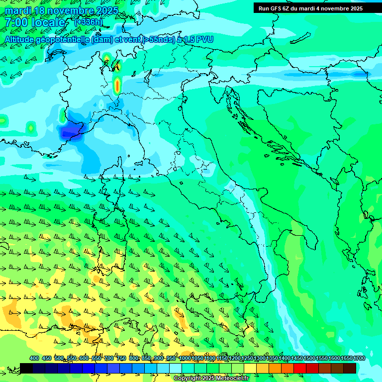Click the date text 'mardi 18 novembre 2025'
point(62,10)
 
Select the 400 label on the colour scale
point(34,358)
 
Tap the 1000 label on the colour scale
point(185,358)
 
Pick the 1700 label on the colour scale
point(359,358)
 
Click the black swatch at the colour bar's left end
point(26,368)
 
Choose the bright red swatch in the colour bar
point(300,368)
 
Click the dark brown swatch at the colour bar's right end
point(350,368)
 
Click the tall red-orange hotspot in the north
point(117,86)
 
